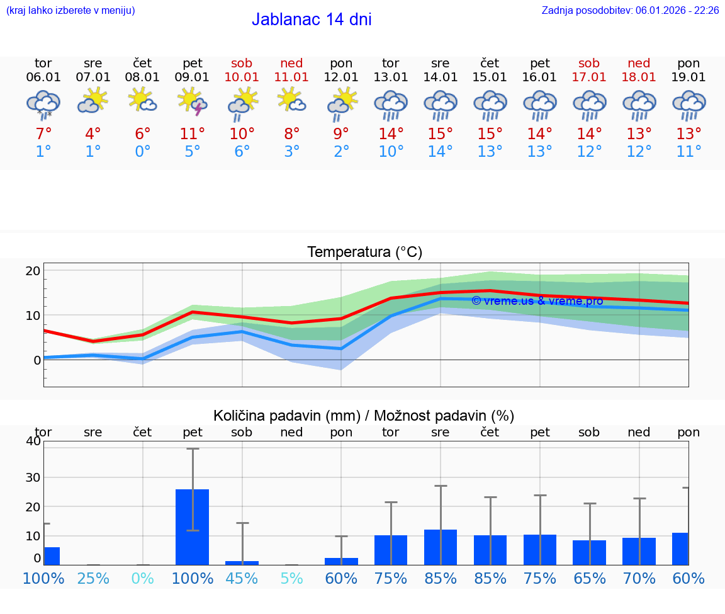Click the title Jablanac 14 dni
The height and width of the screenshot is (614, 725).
tap(312, 20)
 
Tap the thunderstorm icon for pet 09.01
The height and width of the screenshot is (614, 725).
tap(193, 103)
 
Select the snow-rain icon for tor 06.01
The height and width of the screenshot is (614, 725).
tap(43, 104)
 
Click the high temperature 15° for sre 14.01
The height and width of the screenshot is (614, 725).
tap(440, 134)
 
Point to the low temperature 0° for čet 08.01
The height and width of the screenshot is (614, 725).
tap(143, 152)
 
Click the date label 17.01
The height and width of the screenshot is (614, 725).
tap(589, 77)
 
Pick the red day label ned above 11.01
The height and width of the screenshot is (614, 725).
tap(291, 64)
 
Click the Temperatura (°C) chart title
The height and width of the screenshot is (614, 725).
tap(364, 253)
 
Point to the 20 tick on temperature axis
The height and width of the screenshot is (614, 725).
tap(33, 271)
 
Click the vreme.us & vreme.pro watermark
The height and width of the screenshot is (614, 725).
tap(537, 301)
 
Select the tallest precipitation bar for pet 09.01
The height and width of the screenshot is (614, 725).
tap(193, 526)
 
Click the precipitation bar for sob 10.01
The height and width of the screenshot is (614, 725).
tap(242, 562)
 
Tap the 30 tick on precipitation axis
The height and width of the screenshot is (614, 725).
tap(33, 477)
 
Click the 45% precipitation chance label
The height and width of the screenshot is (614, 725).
tap(242, 579)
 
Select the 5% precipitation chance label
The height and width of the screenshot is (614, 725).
tap(291, 579)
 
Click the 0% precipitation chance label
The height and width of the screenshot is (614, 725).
tap(143, 579)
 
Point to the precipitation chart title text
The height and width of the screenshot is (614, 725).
tap(364, 416)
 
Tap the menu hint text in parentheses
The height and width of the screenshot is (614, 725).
tap(70, 11)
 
